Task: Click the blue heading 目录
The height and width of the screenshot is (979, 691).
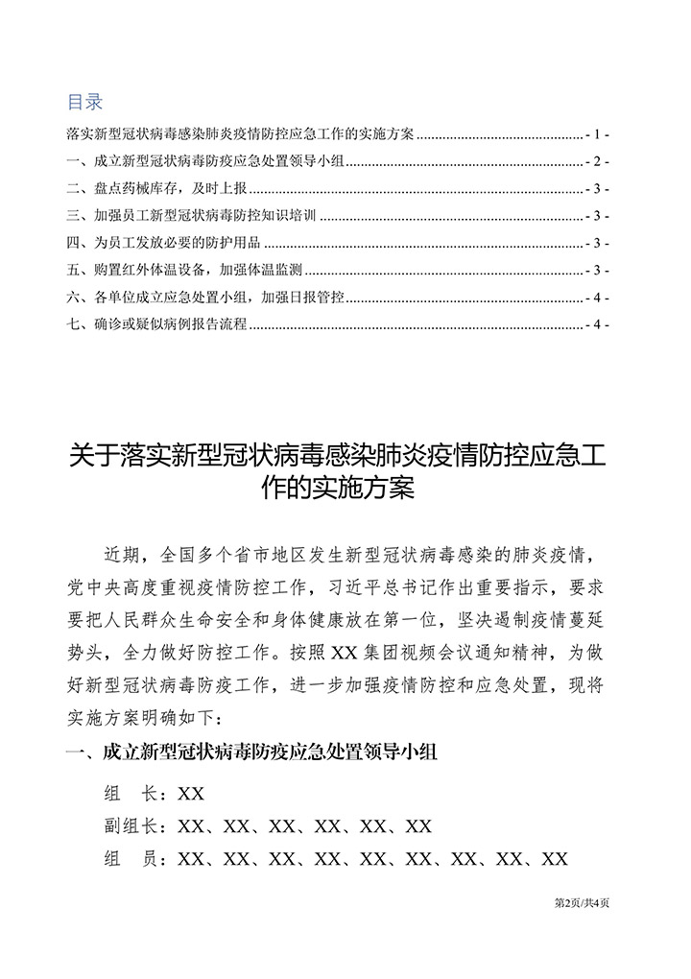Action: [x=84, y=102]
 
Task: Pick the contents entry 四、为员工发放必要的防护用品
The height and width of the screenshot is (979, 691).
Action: [x=164, y=243]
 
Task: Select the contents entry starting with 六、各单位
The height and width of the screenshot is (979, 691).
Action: [x=205, y=298]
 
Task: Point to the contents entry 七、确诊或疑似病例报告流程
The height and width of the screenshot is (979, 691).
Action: [x=156, y=325]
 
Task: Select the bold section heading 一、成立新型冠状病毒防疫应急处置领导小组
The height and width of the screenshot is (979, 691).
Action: [x=250, y=753]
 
